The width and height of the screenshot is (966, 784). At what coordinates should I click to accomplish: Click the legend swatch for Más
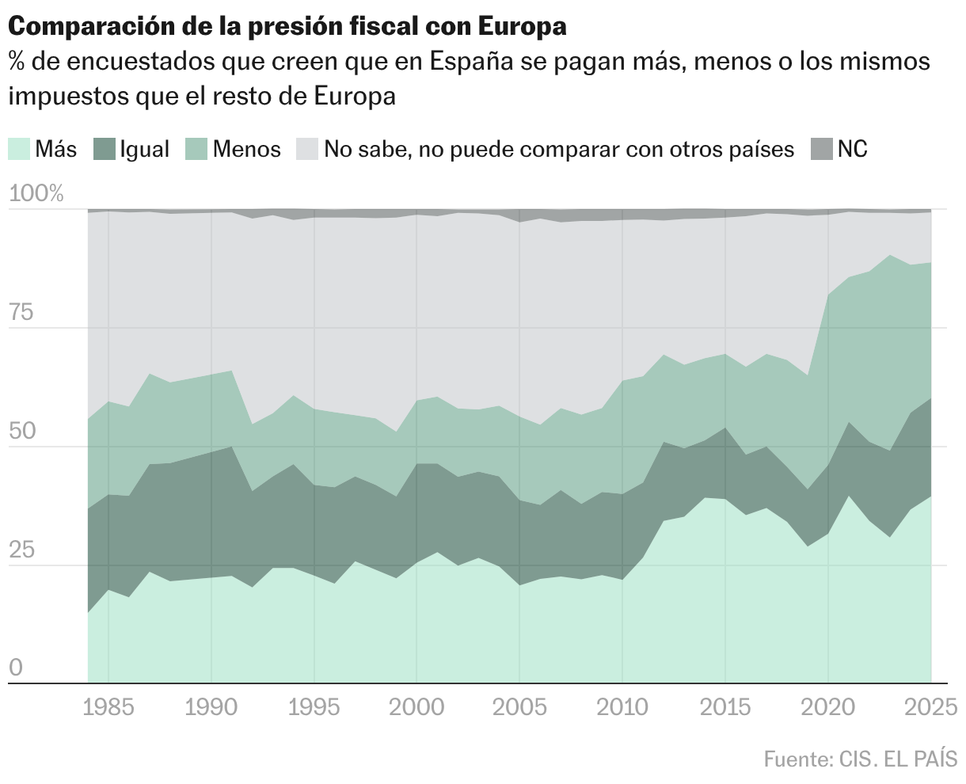click(x=20, y=149)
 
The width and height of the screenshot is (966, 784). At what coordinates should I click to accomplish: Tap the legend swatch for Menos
click(x=197, y=149)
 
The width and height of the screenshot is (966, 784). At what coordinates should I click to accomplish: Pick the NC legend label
click(x=853, y=149)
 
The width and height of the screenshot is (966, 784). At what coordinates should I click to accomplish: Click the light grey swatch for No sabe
click(x=307, y=149)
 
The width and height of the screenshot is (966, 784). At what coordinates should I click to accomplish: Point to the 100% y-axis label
click(x=36, y=194)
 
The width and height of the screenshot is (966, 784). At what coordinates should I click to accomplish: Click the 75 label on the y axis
click(x=21, y=313)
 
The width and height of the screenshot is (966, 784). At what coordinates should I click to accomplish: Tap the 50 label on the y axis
click(x=22, y=432)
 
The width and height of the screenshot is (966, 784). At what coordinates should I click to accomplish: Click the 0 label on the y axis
click(x=15, y=669)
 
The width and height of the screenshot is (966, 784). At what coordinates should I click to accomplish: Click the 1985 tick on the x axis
click(x=108, y=706)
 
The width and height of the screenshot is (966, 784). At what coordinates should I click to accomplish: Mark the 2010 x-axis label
click(x=622, y=706)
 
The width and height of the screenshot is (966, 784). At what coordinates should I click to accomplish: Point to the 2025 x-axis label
click(x=930, y=706)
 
